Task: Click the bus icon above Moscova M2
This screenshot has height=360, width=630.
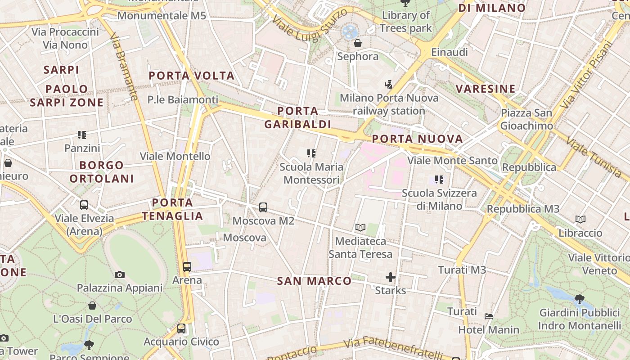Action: pyautogui.click(x=263, y=207)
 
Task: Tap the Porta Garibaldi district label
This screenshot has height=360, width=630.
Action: pyautogui.click(x=297, y=117)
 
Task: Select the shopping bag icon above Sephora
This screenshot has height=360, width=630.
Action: pyautogui.click(x=358, y=43)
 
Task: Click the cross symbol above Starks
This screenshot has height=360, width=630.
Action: pyautogui.click(x=391, y=277)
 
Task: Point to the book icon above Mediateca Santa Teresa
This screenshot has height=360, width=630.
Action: pyautogui.click(x=360, y=228)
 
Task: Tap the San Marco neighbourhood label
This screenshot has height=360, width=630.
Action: pyautogui.click(x=314, y=281)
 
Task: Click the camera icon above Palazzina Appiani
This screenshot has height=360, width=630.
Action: pyautogui.click(x=120, y=274)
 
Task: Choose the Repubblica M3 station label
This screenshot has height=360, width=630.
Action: pyautogui.click(x=523, y=209)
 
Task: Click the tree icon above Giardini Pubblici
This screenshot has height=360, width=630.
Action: pyautogui.click(x=580, y=299)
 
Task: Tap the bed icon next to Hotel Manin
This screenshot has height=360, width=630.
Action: pyautogui.click(x=489, y=316)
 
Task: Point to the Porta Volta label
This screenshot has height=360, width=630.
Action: pyautogui.click(x=192, y=76)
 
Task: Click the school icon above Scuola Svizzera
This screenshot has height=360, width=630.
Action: pyautogui.click(x=439, y=180)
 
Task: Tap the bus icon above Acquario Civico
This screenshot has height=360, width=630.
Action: pyautogui.click(x=181, y=328)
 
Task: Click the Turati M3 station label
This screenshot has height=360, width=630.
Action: pyautogui.click(x=462, y=270)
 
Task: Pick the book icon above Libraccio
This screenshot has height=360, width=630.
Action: pyautogui.click(x=580, y=220)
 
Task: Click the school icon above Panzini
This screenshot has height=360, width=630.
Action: pyautogui.click(x=82, y=135)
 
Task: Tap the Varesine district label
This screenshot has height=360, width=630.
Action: pyautogui.click(x=486, y=89)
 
